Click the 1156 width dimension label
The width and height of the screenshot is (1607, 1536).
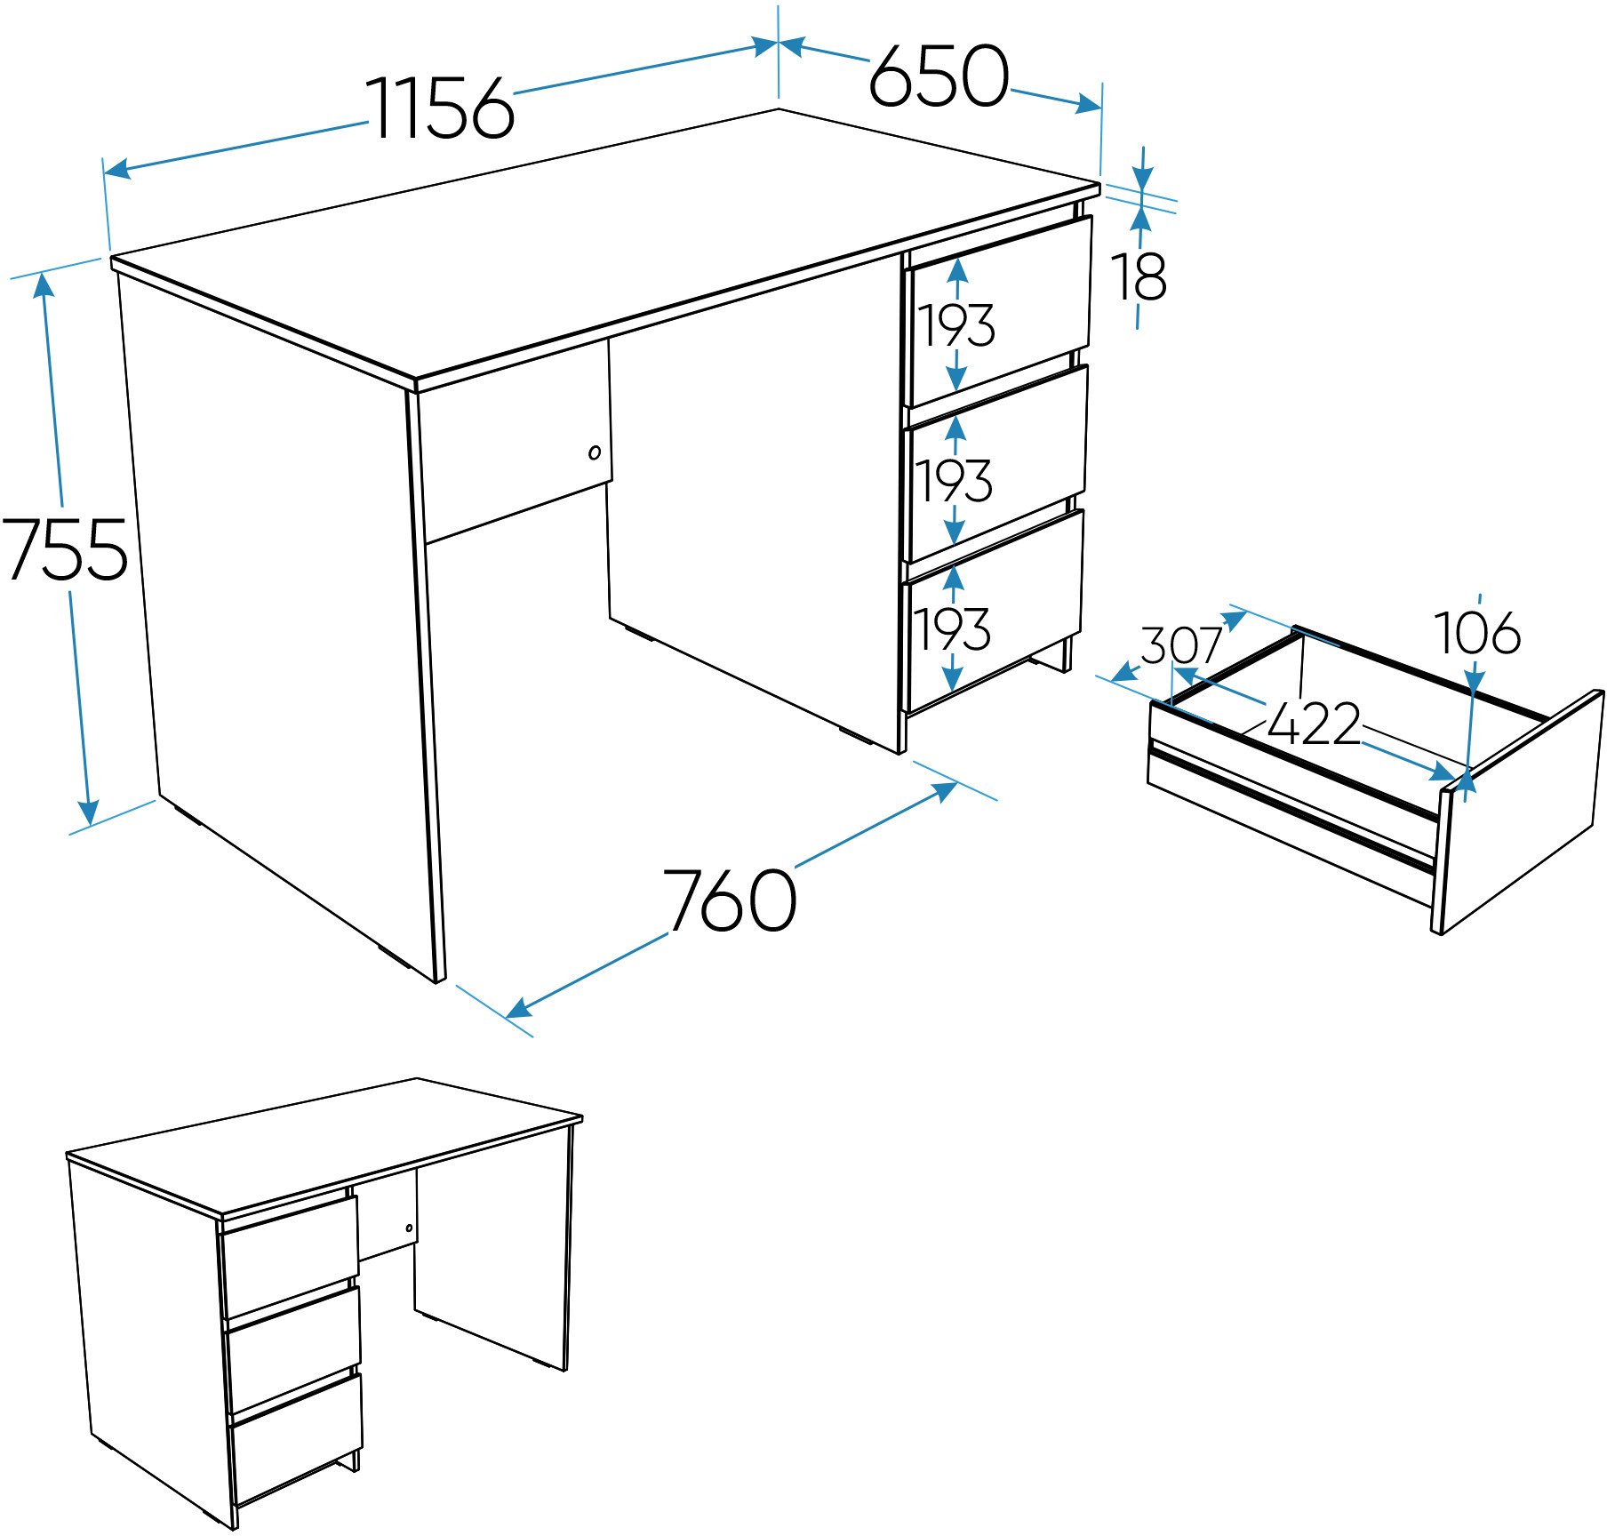click(441, 108)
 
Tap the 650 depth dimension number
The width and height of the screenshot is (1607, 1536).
click(939, 76)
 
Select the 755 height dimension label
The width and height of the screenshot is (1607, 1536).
click(65, 549)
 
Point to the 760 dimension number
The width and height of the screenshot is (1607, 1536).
click(730, 900)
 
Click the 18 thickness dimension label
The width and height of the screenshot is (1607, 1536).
click(1139, 277)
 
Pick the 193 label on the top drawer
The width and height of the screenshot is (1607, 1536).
click(956, 325)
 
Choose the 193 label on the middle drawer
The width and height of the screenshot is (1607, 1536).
click(955, 481)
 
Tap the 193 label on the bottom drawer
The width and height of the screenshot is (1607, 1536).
click(953, 630)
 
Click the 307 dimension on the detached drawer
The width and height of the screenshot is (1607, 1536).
click(1181, 644)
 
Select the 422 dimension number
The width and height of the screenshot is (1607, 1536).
click(1314, 724)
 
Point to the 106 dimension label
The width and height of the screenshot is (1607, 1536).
click(1477, 634)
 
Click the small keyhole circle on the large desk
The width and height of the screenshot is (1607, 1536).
click(595, 452)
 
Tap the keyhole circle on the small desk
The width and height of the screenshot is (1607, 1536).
click(409, 1228)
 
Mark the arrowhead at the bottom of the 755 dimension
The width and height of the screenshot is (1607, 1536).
click(88, 812)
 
